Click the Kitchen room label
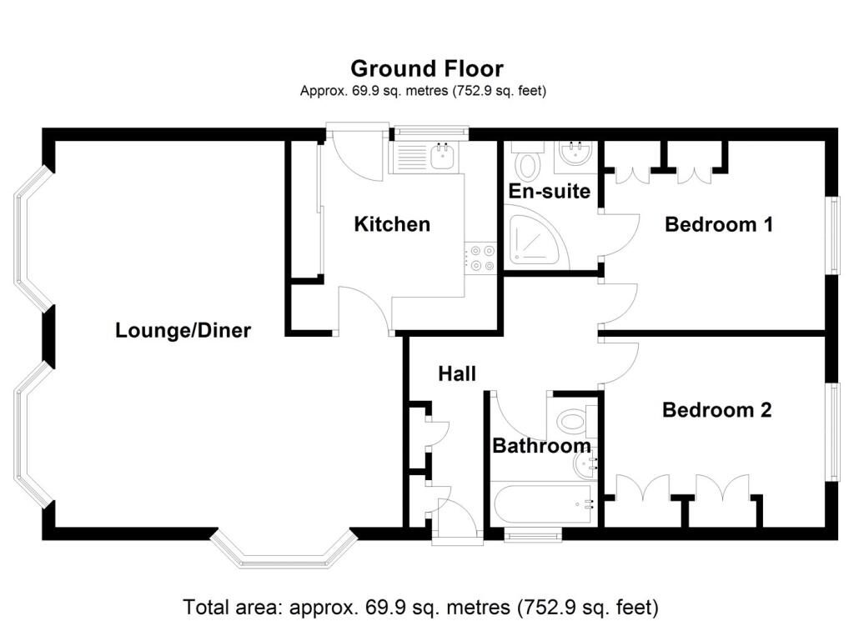coord(392,224)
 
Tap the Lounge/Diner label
coord(183,330)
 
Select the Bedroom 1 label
coord(718,224)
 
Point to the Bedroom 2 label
coord(716,410)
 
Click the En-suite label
coord(549,191)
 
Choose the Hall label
coord(457,374)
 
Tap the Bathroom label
coord(541,446)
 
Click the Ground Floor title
coord(426,69)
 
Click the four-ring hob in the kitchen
coord(480,258)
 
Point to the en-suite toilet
coord(527,160)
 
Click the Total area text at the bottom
coord(420,606)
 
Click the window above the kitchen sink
coord(431,132)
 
